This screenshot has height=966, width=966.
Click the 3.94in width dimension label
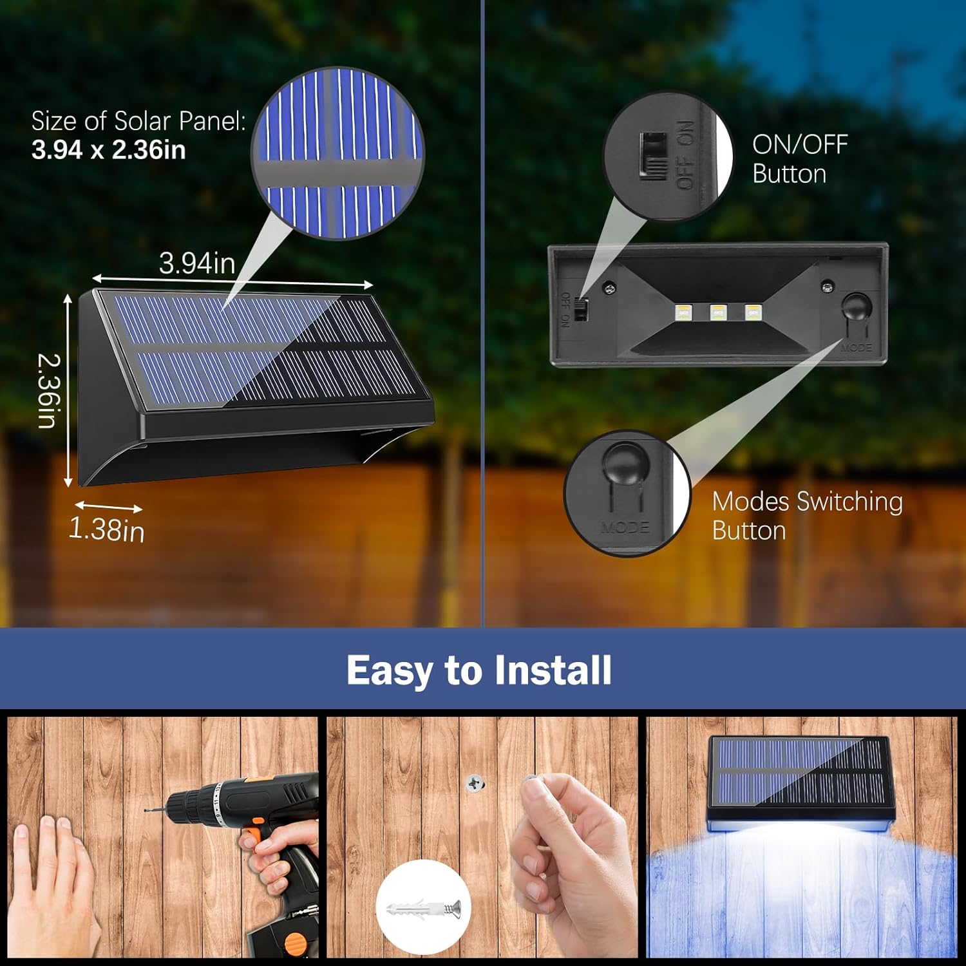pyautogui.click(x=197, y=263)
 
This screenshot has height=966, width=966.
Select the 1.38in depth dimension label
pyautogui.click(x=106, y=529)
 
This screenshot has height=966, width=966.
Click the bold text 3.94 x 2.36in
pyautogui.click(x=108, y=150)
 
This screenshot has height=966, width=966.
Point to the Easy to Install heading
pyautogui.click(x=479, y=670)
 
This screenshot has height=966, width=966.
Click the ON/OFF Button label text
pyautogui.click(x=799, y=159)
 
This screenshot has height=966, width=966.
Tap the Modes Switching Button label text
pyautogui.click(x=807, y=516)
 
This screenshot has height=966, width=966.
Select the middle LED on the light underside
pyautogui.click(x=718, y=312)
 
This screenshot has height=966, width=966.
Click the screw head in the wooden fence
pyautogui.click(x=475, y=784)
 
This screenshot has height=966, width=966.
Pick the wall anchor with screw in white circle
pyautogui.click(x=423, y=909)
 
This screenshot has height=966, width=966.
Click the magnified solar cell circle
pyautogui.click(x=337, y=154)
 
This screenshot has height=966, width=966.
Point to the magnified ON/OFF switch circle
pyautogui.click(x=668, y=156)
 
